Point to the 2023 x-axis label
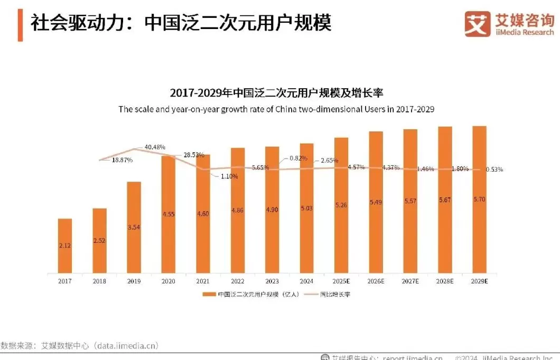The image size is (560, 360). [x=272, y=281]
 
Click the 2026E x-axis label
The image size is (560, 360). [x=376, y=281]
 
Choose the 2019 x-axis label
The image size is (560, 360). [x=134, y=281]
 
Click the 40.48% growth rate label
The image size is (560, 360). [x=155, y=147]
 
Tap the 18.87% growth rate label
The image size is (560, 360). [x=122, y=159]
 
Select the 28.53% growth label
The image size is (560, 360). [x=194, y=155]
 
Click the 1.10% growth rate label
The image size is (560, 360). [x=229, y=176]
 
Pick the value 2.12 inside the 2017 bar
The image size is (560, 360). [x=65, y=247]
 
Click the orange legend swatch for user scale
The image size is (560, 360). [x=209, y=294]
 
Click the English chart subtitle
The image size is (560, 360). [x=276, y=109]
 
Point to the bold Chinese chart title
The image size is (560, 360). [x=276, y=93]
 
